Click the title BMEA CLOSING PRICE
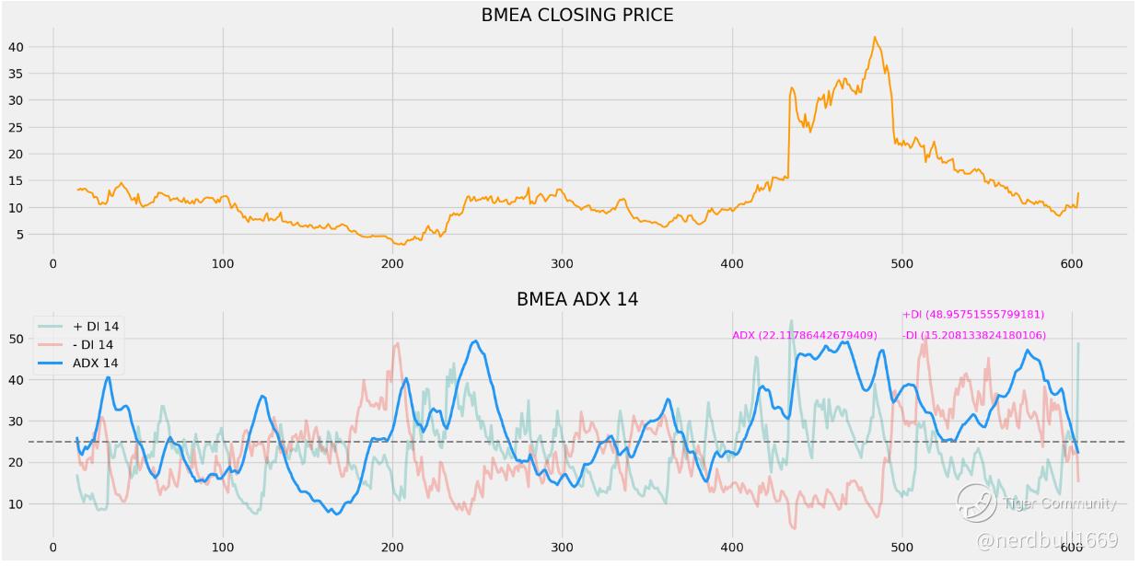point(577,15)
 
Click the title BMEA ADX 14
point(577,299)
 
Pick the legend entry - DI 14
point(93,344)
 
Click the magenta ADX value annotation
point(804,335)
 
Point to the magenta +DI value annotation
point(972,315)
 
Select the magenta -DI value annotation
point(974,335)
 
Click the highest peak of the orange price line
point(874,38)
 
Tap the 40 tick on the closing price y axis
point(31,47)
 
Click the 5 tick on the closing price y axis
point(35,235)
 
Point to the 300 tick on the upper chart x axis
point(563,263)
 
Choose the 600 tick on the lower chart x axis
point(1072,548)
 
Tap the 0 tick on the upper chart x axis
point(53,263)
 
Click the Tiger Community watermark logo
point(976,502)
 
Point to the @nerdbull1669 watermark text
point(1047,540)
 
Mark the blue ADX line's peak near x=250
point(475,341)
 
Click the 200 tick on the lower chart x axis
point(392,548)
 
